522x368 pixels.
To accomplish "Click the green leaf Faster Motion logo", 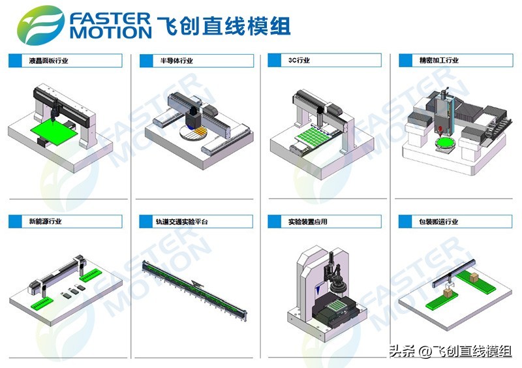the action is (x=40, y=25).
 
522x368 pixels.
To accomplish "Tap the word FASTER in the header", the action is (x=110, y=19).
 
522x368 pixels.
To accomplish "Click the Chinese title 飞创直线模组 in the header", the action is (x=224, y=26).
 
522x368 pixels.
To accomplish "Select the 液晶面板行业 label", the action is (x=48, y=61).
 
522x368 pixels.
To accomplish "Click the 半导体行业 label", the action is (x=176, y=61).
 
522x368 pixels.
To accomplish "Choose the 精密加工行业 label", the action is (x=438, y=60).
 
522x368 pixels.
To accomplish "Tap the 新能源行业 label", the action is (x=45, y=221).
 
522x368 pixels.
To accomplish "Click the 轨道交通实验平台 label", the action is (x=182, y=221).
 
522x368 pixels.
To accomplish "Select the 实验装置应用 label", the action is (x=308, y=221).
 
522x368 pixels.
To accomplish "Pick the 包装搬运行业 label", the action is (x=438, y=221).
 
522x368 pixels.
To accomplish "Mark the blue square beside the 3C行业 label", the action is (x=274, y=60).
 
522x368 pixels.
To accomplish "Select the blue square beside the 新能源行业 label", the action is (x=15, y=221).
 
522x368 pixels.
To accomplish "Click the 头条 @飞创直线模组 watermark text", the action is (x=451, y=351).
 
